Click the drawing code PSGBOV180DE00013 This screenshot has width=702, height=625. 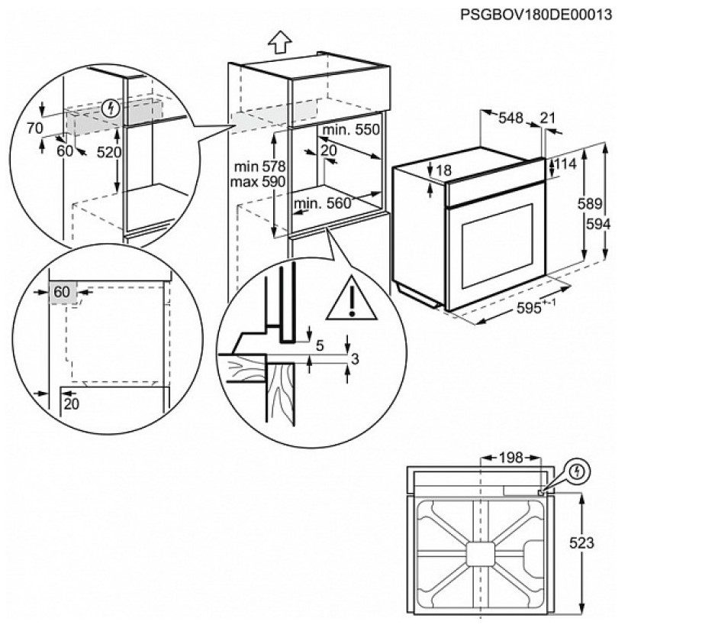click(x=538, y=15)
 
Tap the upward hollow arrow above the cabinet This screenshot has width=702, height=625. click(x=281, y=42)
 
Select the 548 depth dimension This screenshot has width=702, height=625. click(x=510, y=118)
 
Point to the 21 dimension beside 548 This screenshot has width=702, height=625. click(x=548, y=118)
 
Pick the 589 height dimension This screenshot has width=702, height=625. click(x=591, y=205)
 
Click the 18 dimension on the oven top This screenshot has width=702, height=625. click(x=444, y=170)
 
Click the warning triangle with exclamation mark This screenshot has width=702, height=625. click(x=351, y=300)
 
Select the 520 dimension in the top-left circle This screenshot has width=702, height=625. click(x=109, y=152)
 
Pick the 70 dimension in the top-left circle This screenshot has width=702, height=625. click(x=34, y=128)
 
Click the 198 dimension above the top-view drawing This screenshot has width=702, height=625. click(x=510, y=458)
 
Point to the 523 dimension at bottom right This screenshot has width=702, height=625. click(x=581, y=542)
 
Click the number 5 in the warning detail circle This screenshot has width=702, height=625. click(x=319, y=345)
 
